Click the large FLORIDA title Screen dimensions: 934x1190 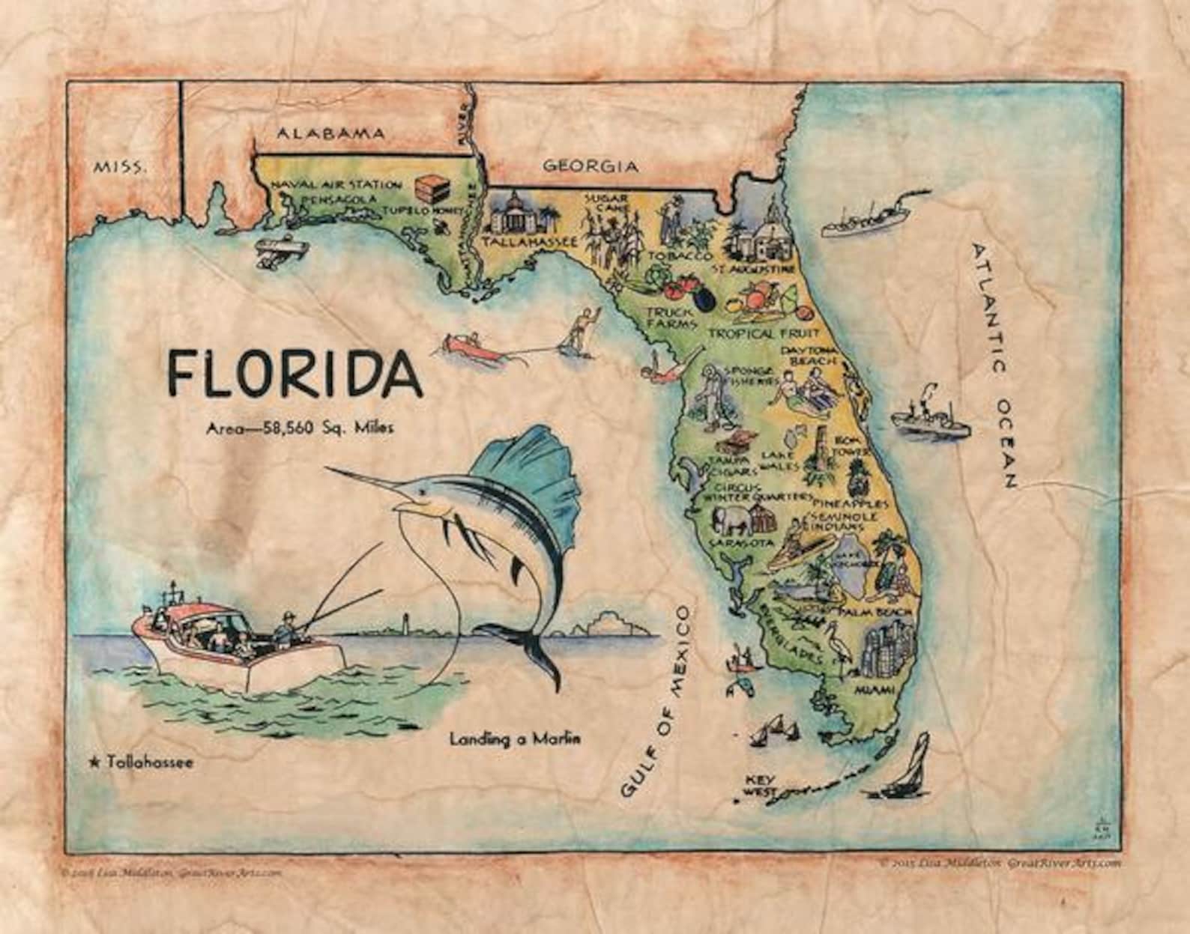294,372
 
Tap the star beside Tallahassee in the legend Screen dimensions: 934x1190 94,762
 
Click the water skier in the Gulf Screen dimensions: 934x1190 583,327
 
